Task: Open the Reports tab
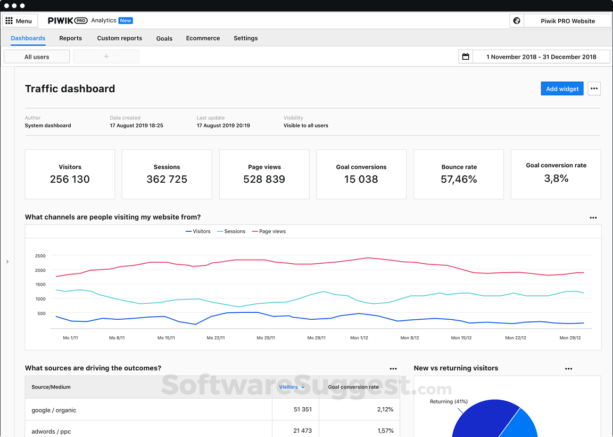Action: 70,38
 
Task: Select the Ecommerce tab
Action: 203,38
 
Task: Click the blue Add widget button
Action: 562,89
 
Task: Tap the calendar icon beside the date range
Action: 466,56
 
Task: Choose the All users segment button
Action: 37,56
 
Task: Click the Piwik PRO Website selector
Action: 567,21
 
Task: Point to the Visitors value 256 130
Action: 70,180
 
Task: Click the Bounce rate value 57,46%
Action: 459,180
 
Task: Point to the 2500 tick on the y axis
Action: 40,256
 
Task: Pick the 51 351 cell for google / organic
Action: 302,410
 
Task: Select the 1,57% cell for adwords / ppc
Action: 385,431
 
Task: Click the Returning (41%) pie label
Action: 448,401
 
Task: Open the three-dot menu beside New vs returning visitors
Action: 568,368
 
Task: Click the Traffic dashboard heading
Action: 70,89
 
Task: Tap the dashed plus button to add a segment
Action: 106,56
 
